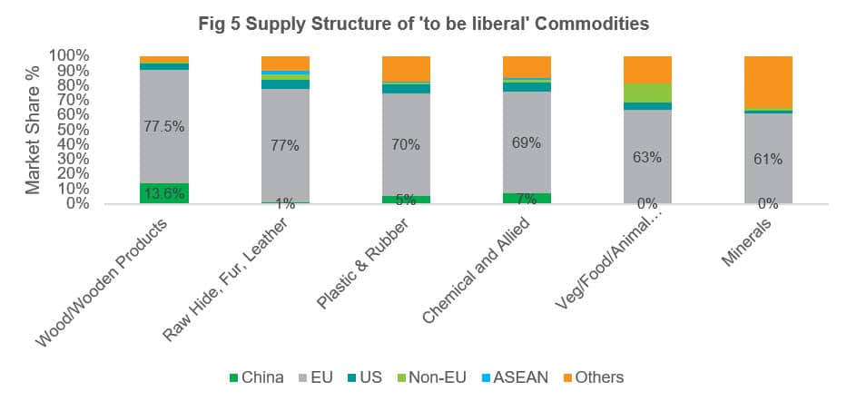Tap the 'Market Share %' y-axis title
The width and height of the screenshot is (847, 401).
point(33,130)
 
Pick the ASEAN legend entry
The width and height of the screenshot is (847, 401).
point(513,377)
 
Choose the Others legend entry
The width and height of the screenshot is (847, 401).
point(590,377)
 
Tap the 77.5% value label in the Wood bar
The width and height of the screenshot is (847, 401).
point(164,127)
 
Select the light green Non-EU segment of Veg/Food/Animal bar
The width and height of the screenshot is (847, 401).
point(647,93)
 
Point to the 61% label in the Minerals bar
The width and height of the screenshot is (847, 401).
point(768,158)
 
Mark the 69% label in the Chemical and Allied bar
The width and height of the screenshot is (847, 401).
point(527,142)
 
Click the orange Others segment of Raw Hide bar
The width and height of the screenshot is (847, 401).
point(285,63)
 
